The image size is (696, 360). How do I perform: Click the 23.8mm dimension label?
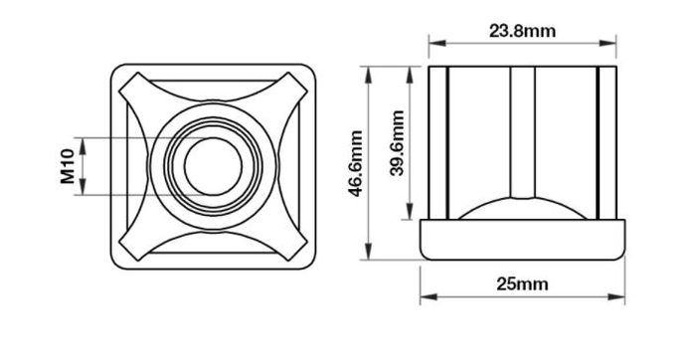(522, 31)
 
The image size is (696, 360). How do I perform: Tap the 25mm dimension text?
(522, 284)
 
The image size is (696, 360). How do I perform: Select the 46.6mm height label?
(356, 163)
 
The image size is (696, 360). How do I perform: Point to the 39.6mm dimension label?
(398, 143)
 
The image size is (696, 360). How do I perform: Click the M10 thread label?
(68, 166)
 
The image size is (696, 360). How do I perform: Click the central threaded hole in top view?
(213, 166)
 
